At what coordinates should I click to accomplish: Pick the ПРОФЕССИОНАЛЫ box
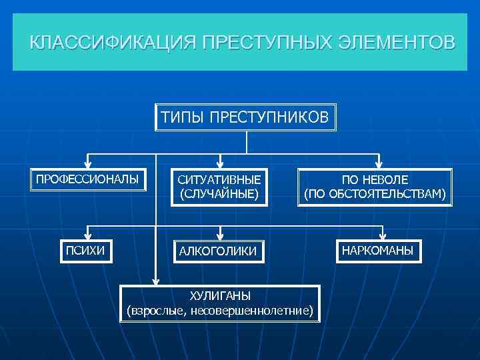[88, 180]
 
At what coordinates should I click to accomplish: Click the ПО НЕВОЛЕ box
[375, 187]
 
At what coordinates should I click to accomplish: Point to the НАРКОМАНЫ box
[377, 250]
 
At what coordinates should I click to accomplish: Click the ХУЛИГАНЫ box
[219, 303]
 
